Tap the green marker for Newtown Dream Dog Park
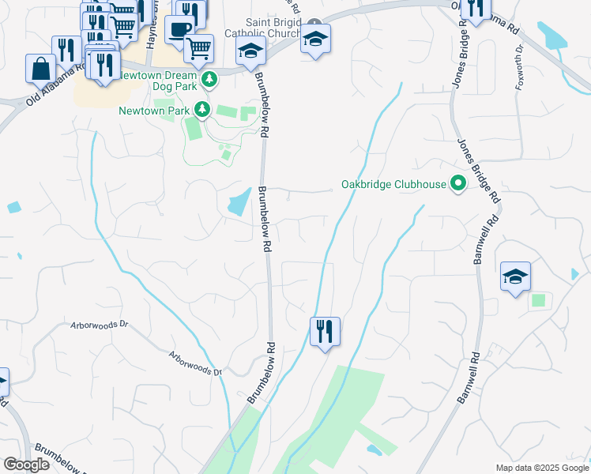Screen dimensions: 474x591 (209, 78)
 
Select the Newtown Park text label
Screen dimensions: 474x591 (154, 111)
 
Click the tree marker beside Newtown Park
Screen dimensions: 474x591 (202, 109)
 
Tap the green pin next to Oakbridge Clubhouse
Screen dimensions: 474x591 (457, 184)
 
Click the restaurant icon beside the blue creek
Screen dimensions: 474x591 (325, 331)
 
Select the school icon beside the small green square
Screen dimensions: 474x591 (515, 276)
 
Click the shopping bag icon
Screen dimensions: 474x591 (40, 68)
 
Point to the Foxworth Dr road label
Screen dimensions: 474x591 (519, 66)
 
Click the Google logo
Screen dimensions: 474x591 (26, 465)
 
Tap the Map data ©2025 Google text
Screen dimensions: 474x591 (541, 468)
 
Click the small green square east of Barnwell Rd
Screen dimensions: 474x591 (538, 300)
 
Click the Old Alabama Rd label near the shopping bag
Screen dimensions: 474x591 (55, 85)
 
